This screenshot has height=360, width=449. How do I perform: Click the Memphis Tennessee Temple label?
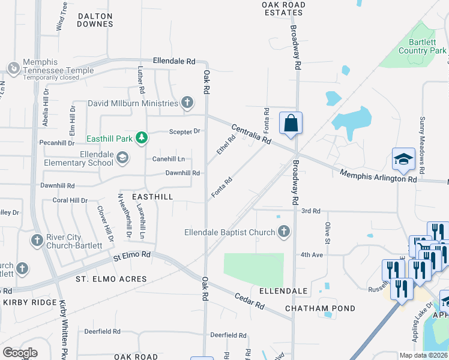point(58,66)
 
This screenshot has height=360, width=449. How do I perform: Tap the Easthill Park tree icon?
point(142,139)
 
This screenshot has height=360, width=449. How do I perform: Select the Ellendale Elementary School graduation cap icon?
point(122,158)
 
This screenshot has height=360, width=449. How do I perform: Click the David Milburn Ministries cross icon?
point(187,103)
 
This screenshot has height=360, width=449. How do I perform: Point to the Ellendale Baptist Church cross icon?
point(283,232)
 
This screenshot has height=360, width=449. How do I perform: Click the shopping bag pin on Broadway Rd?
point(291,124)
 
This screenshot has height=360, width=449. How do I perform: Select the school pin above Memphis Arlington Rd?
point(403,160)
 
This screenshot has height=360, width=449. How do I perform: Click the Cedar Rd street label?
point(249,301)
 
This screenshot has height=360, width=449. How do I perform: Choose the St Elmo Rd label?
point(131,256)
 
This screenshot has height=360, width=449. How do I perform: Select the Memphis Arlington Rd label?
point(378,176)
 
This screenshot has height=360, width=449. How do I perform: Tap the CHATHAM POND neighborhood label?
point(320,308)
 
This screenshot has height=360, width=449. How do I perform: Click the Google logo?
point(20,352)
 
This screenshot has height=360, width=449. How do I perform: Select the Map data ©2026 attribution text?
point(423,355)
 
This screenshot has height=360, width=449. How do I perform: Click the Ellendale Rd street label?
point(174,61)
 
